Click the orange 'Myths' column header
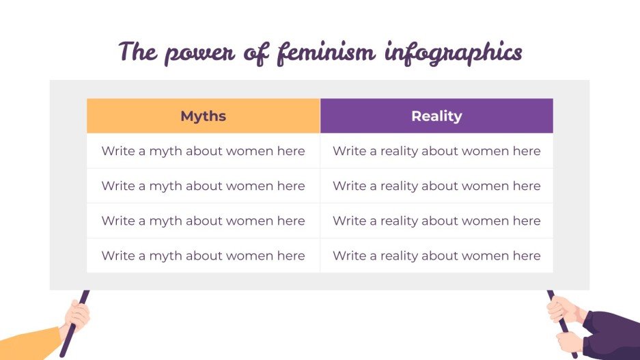tap(203, 116)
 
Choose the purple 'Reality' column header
tap(436, 116)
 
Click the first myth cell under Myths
tap(203, 151)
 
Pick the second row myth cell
tap(203, 186)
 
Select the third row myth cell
tap(203, 221)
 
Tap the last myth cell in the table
tap(203, 255)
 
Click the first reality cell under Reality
tap(436, 151)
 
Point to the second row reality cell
tap(436, 186)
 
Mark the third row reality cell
tap(436, 221)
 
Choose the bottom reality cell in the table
tap(436, 255)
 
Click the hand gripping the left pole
tap(76, 316)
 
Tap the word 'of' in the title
tap(257, 53)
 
